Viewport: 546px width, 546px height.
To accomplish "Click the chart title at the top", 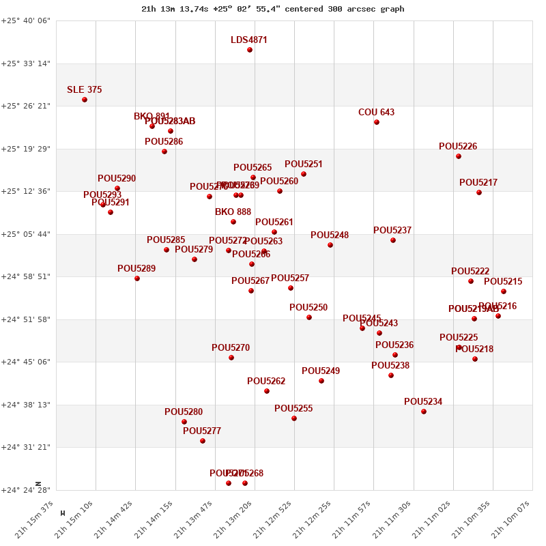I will [x=272, y=9].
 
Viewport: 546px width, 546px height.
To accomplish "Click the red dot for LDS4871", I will [x=250, y=50].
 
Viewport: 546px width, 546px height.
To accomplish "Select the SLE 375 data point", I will [x=85, y=100].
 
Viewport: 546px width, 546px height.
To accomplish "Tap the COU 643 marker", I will [x=377, y=122].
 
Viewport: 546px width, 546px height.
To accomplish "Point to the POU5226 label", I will [x=458, y=147].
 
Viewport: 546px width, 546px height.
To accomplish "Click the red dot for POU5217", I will [x=479, y=192].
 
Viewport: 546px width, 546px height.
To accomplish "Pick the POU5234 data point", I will [x=424, y=412].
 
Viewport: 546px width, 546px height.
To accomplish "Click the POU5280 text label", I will [x=184, y=412].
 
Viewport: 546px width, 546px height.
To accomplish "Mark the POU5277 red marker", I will [x=203, y=441].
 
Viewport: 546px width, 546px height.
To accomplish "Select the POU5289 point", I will [x=137, y=278].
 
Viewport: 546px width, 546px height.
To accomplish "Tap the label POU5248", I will [x=330, y=235].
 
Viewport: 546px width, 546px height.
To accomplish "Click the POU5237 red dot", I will [x=393, y=240].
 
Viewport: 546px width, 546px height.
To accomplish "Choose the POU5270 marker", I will [x=231, y=358].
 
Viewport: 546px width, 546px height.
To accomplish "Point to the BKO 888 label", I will [x=233, y=212].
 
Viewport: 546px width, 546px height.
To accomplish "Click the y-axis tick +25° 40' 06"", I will [x=26, y=21].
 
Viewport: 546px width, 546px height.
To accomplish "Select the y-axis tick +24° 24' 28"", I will [x=26, y=490].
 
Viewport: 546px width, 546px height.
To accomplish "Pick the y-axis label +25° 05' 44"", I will [x=26, y=234].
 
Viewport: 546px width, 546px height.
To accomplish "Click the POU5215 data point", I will [x=504, y=291].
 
